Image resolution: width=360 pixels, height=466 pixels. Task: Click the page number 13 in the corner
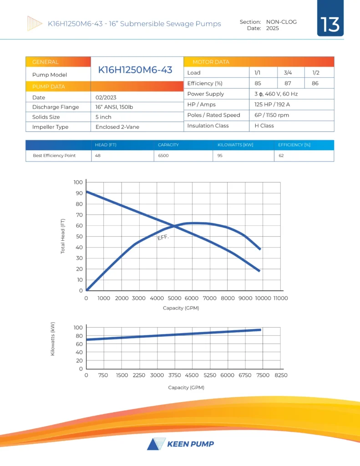coord(330,25)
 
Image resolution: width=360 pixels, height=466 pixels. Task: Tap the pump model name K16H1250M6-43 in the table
coord(135,70)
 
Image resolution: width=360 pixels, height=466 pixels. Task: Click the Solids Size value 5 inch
coord(103,117)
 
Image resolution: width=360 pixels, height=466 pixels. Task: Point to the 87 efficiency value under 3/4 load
coord(288,83)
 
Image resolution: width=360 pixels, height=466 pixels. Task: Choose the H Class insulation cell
coord(264,126)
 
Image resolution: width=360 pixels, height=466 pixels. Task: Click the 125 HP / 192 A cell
coord(272,105)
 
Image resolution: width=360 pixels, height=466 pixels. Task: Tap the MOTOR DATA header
coord(211,62)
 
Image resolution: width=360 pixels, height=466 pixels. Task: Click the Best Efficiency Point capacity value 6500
coord(163,156)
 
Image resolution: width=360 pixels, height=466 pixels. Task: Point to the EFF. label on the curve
coord(163,237)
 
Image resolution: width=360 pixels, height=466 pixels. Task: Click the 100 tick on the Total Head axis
coord(78,182)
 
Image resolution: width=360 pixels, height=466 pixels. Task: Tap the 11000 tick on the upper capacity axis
coord(280,298)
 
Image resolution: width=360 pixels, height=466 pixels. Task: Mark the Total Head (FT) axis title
coord(63,236)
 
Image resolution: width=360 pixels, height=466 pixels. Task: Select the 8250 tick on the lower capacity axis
coord(280,375)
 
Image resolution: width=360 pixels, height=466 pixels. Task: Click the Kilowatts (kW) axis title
coord(53,339)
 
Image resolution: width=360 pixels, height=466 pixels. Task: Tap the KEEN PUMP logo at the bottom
coord(180,444)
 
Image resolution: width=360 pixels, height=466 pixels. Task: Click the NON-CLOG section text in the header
coord(281,22)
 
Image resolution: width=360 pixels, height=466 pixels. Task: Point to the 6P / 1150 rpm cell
coord(272,115)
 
